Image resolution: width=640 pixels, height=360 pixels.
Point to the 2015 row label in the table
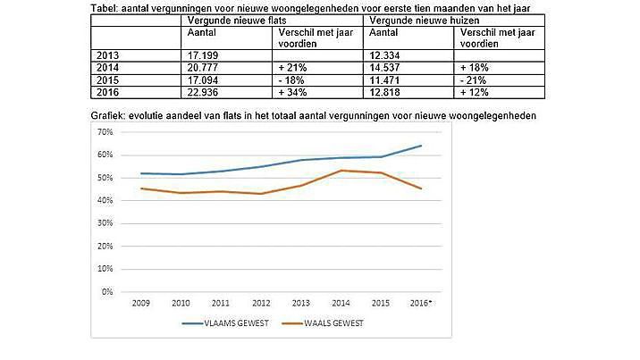pyautogui.click(x=105, y=79)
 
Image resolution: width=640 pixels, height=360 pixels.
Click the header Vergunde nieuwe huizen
pyautogui.click(x=413, y=20)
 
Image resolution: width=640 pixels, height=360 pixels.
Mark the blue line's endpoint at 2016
pyautogui.click(x=421, y=146)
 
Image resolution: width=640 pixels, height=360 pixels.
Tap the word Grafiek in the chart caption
pyautogui.click(x=107, y=116)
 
